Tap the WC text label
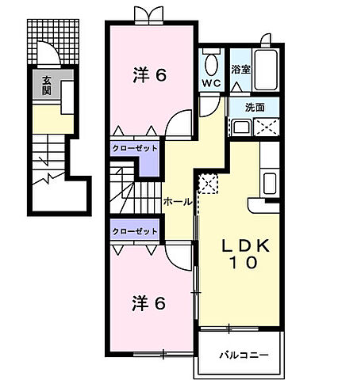210,82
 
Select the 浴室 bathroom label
241,69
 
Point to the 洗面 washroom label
255,107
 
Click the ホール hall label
176,202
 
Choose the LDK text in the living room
245,245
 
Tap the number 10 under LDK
245,265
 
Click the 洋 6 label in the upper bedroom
149,76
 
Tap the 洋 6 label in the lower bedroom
149,302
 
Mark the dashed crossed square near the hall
208,184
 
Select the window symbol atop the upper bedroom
146,13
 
